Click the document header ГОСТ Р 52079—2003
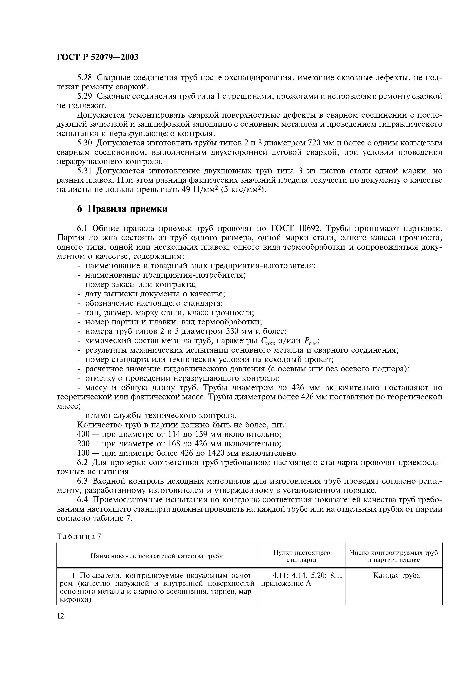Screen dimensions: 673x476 [97, 57]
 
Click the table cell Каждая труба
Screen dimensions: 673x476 [396, 575]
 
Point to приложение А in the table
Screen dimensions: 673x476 [286, 583]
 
